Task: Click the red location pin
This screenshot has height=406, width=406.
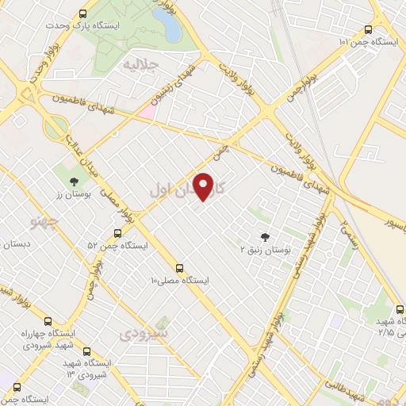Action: click(x=205, y=186)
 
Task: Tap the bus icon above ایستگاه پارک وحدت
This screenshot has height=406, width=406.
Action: click(x=84, y=13)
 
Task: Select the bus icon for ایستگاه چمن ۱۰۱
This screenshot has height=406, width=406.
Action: click(x=367, y=29)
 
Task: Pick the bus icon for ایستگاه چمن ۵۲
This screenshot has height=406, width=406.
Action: click(x=117, y=233)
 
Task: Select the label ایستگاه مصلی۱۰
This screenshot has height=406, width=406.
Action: click(x=180, y=281)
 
